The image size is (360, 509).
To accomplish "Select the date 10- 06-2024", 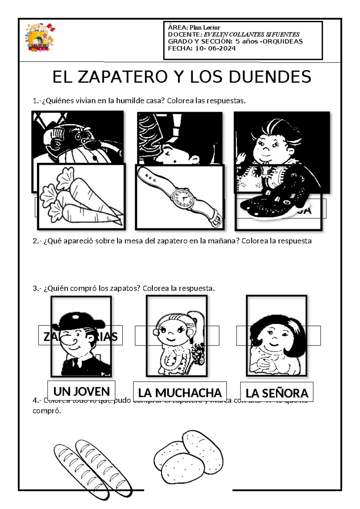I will [215, 49].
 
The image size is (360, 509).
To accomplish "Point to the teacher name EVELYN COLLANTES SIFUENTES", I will [251, 35].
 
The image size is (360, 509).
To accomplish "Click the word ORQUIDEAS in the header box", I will [282, 41].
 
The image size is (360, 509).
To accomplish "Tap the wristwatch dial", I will [182, 198].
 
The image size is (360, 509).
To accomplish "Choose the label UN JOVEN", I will [81, 392].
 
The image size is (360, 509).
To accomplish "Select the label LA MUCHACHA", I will [180, 393].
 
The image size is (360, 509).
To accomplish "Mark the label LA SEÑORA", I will [277, 393].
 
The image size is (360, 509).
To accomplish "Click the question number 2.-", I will [37, 241].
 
